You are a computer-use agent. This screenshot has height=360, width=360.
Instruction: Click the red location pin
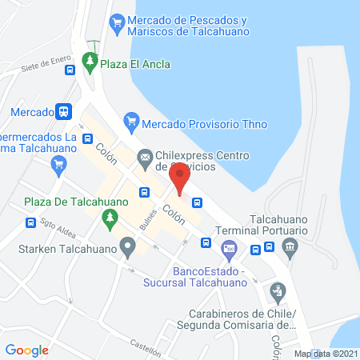[180, 178]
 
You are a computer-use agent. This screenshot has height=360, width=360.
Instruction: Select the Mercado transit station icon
[65, 113]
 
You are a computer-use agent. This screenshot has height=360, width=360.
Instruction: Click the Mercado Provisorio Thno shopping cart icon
[130, 123]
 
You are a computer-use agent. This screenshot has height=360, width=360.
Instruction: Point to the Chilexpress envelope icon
[145, 157]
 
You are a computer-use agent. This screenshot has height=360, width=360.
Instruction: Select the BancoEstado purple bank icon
[230, 249]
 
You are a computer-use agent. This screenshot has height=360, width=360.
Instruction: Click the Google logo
[27, 350]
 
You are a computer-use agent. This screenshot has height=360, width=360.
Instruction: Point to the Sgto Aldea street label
[59, 226]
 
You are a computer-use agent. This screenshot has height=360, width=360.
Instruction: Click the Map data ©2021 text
[325, 354]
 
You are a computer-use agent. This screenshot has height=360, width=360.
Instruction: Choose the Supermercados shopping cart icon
[58, 166]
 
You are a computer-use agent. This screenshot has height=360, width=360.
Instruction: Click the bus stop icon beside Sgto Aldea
[30, 223]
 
